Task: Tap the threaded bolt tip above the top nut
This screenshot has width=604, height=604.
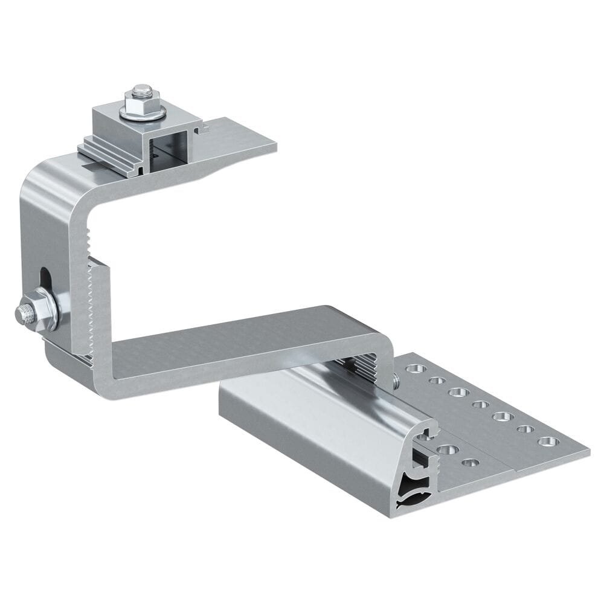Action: tap(141, 89)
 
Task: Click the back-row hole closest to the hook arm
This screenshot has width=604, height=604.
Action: tap(414, 367)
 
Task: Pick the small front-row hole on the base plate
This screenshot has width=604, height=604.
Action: tap(470, 463)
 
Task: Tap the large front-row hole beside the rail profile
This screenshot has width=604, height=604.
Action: tap(446, 449)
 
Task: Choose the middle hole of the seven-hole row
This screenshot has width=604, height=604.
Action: tap(480, 404)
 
